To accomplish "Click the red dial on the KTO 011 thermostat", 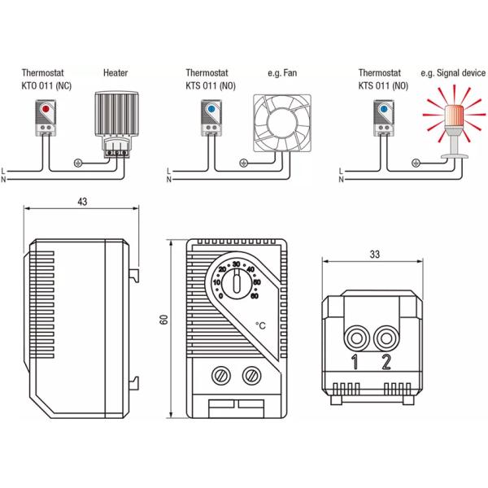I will click(43, 107).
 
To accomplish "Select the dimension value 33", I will click(373, 254).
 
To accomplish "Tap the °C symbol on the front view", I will click(260, 326).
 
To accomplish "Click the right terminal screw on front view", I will click(251, 376).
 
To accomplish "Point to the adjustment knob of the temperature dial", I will click(236, 285).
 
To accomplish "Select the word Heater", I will click(115, 72).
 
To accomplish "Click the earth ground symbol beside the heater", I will click(78, 161).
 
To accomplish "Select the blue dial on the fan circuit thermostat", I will click(211, 107).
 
